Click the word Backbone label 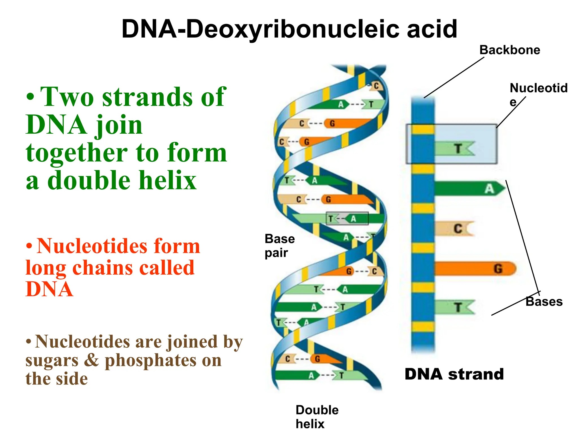509,50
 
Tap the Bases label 544,302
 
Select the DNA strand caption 454,374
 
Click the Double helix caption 317,417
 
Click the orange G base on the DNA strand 475,268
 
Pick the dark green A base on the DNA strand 469,188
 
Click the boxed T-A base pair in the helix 347,219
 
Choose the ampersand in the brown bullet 91,361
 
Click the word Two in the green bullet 67,97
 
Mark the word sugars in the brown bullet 52,361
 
